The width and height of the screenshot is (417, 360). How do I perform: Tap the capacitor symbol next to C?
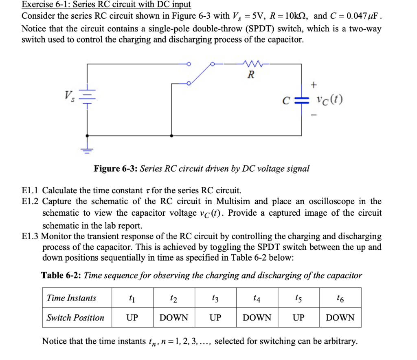[302, 100]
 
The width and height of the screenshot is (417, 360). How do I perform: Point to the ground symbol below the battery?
[86, 149]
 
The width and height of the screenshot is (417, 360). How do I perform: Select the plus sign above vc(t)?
[314, 85]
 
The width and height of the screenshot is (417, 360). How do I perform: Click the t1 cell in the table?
[132, 298]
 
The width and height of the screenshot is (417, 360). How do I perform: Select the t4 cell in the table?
[257, 298]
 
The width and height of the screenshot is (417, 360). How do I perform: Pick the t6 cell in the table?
[340, 298]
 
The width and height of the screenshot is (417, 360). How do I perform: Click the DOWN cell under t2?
[174, 318]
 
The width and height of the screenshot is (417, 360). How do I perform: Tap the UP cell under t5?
[298, 318]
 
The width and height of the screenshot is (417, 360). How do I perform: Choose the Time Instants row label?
[72, 298]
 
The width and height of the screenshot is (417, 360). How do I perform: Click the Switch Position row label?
[75, 318]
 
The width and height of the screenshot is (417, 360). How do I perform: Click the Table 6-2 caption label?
[61, 275]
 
